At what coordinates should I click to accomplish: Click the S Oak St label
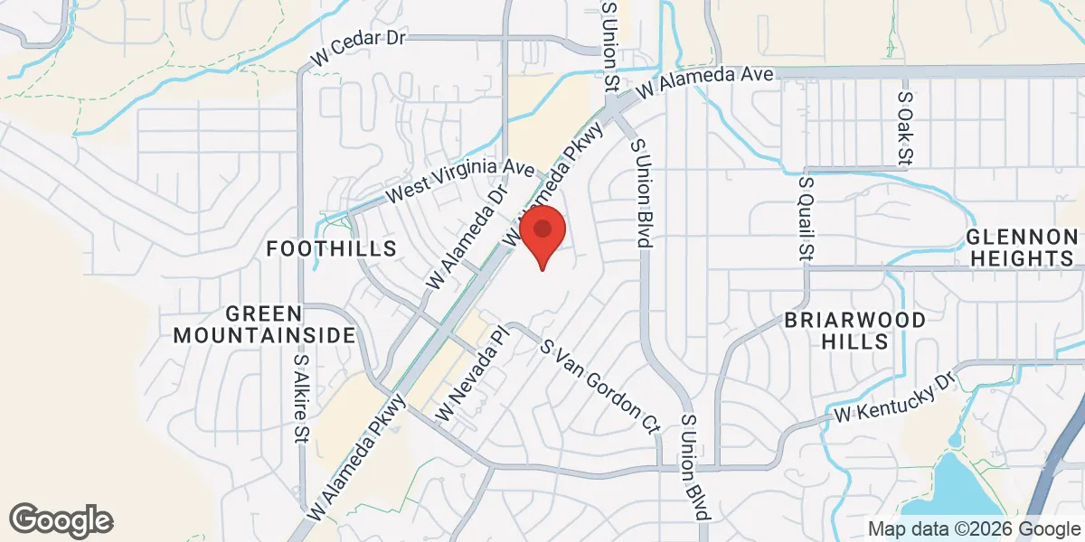pos(903,126)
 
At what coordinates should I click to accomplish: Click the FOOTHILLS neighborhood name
pos(332,248)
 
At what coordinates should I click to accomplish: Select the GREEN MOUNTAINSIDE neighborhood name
pos(264,324)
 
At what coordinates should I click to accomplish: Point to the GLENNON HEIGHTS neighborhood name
pos(1023,248)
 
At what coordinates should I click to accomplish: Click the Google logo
pos(61,519)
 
